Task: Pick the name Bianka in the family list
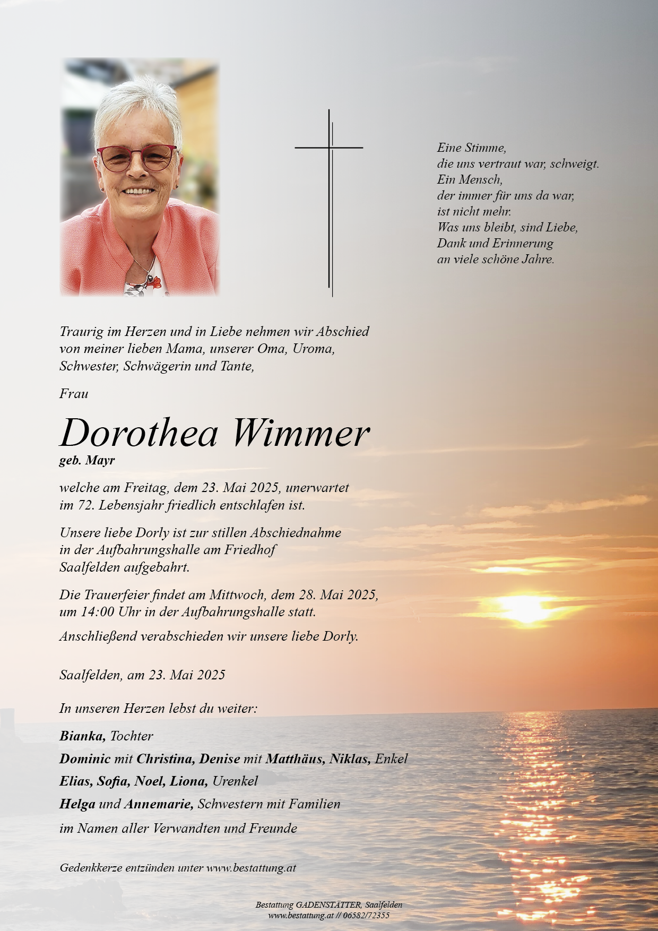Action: [82, 736]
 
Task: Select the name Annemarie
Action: [159, 804]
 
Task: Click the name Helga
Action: [77, 804]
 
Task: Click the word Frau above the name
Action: [74, 394]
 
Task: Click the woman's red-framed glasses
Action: [137, 158]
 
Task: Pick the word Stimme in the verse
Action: [486, 148]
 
